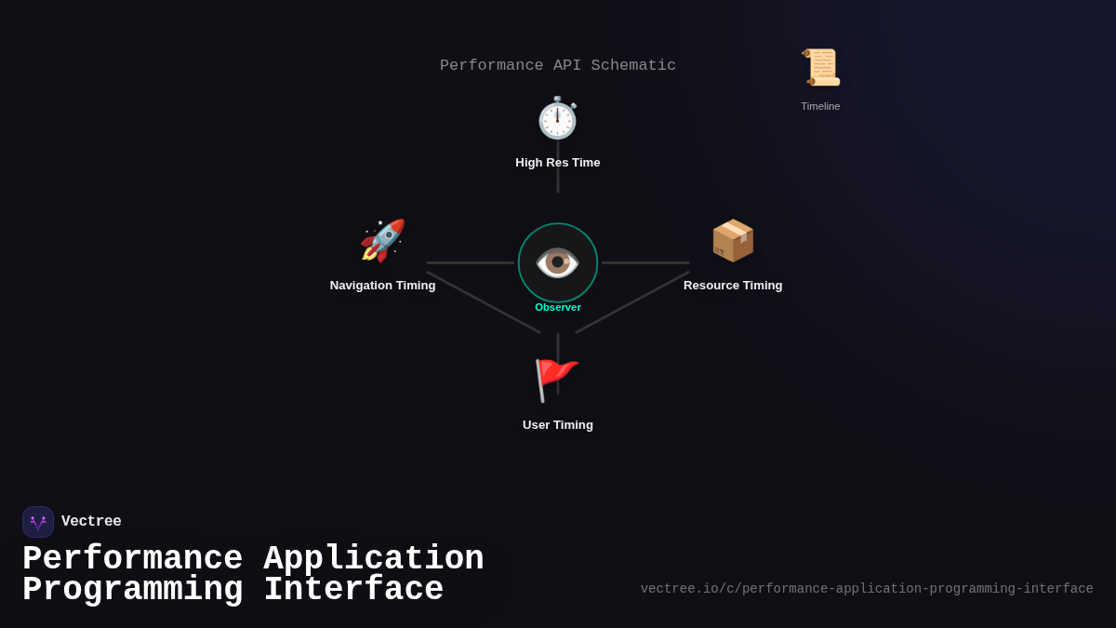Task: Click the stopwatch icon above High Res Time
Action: [558, 118]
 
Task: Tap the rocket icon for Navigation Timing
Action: [382, 241]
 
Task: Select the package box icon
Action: [733, 241]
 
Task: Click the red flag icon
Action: [556, 380]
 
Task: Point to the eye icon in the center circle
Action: [558, 262]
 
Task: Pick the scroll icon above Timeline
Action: [820, 67]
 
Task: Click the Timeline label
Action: [820, 106]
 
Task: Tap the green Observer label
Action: [558, 307]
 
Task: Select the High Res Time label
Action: [558, 163]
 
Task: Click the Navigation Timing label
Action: [382, 286]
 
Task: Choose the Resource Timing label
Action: [733, 286]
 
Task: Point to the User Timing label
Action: [558, 425]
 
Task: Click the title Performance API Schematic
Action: [558, 66]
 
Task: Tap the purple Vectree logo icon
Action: [38, 522]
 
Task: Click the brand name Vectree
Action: [91, 522]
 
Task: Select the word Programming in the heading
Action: [133, 590]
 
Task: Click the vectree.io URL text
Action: [867, 589]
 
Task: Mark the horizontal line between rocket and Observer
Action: [470, 262]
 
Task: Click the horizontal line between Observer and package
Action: [645, 262]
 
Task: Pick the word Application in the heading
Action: [374, 559]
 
